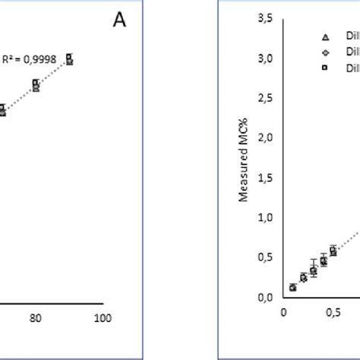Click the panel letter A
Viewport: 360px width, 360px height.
click(x=119, y=21)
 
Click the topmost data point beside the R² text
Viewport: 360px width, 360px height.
click(x=69, y=58)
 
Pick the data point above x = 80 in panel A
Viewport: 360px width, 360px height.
click(x=36, y=85)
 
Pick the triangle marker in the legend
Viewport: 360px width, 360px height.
click(x=325, y=36)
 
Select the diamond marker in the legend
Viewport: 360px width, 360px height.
click(x=325, y=52)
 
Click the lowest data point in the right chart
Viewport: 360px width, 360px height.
click(x=293, y=288)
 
